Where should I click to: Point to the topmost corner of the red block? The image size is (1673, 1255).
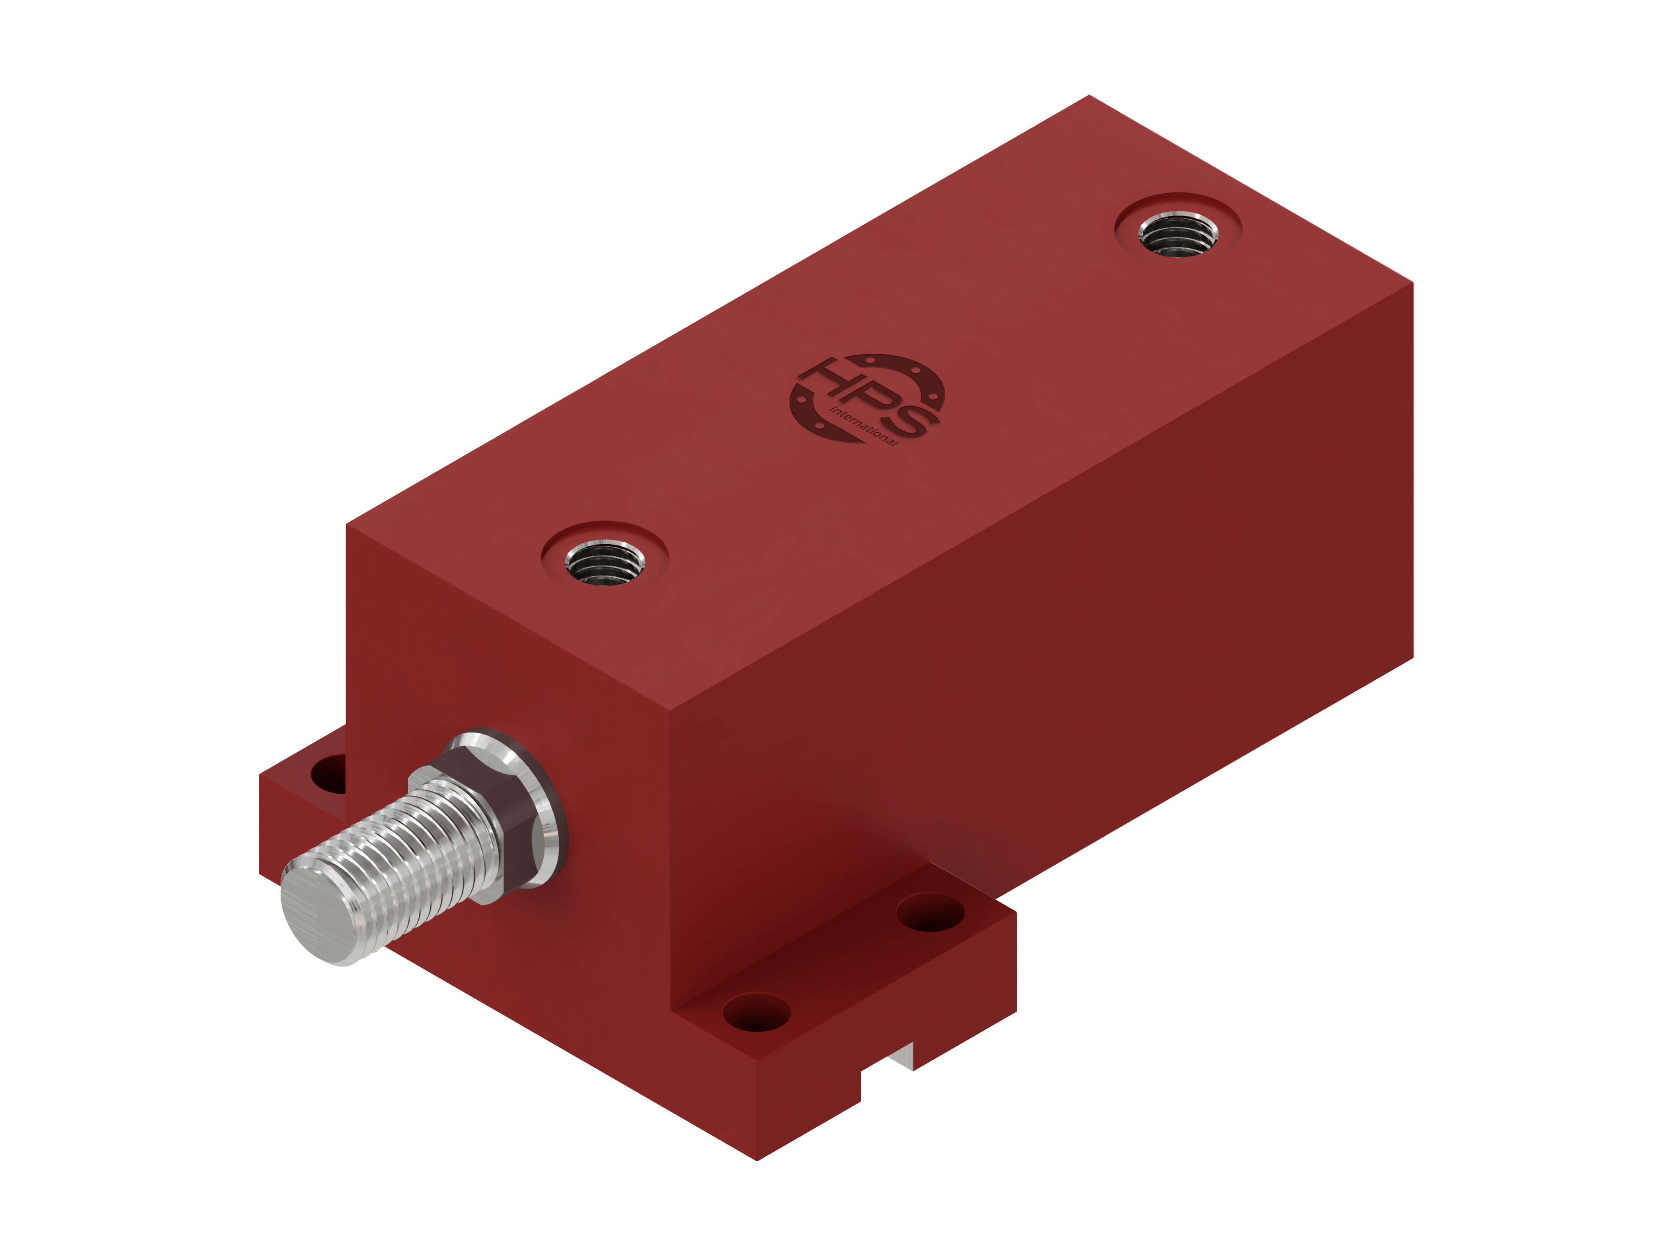click(x=1089, y=95)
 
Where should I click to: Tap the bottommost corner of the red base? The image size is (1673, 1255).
click(x=757, y=1160)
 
